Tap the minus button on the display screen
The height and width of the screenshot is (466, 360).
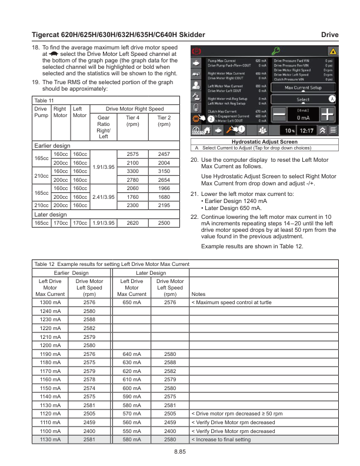(280, 115)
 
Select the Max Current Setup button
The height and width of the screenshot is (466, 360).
(303, 88)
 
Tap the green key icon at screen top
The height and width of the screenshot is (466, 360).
(274, 52)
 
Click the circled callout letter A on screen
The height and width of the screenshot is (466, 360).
(332, 99)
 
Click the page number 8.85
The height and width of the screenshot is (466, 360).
(180, 451)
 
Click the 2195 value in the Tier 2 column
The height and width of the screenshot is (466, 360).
(164, 205)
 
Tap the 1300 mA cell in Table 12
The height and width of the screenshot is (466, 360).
(51, 301)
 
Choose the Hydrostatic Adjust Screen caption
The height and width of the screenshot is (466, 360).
(264, 142)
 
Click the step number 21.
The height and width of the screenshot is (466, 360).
(195, 194)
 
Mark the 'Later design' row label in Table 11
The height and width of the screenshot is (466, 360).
(49, 214)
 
